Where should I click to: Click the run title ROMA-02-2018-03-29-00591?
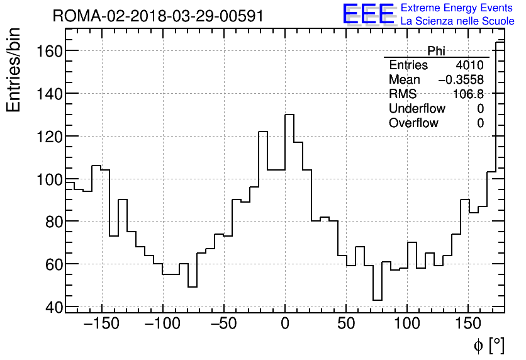point(158,16)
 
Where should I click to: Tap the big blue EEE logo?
point(368,14)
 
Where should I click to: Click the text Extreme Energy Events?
point(457,8)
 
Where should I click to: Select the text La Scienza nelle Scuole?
point(457,21)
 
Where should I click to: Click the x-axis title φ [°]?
point(488,345)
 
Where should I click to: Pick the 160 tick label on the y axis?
point(47,51)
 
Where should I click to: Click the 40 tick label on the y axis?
point(53,307)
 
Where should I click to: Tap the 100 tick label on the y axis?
point(47,179)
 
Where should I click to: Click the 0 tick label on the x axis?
point(285,325)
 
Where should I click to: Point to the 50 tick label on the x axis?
point(346,325)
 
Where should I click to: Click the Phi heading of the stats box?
point(436,51)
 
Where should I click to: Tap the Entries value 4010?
point(470,65)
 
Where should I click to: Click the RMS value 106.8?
point(469,94)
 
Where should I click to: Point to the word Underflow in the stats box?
point(417,109)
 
